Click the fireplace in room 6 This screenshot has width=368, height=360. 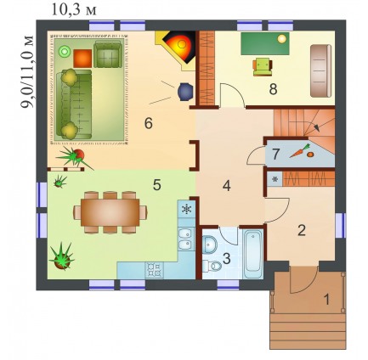click(x=178, y=48)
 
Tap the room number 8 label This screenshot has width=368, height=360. click(x=273, y=89)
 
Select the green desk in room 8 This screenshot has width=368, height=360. click(x=265, y=43)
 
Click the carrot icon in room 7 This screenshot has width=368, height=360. click(x=300, y=151)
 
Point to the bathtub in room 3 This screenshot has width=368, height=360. click(x=253, y=254)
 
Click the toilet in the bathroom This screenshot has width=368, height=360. click(x=212, y=266)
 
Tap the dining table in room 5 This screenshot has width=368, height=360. click(x=110, y=212)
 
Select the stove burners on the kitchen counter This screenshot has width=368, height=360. click(x=155, y=269)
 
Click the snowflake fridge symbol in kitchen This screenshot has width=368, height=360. click(x=187, y=209)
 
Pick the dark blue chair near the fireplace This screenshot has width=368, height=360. click(x=185, y=92)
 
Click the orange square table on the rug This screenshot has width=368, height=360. click(x=82, y=59)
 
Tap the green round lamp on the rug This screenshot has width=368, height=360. click(x=64, y=52)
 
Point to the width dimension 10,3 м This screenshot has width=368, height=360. click(x=74, y=10)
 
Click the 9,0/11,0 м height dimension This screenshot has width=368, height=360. click(x=27, y=71)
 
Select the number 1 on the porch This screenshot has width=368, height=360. click(x=326, y=300)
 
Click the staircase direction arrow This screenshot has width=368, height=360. click(x=314, y=125)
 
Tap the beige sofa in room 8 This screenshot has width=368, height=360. click(x=320, y=70)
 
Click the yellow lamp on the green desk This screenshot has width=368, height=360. click(x=282, y=39)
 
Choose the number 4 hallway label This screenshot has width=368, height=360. click(x=227, y=186)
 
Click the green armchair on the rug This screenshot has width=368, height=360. click(x=108, y=54)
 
